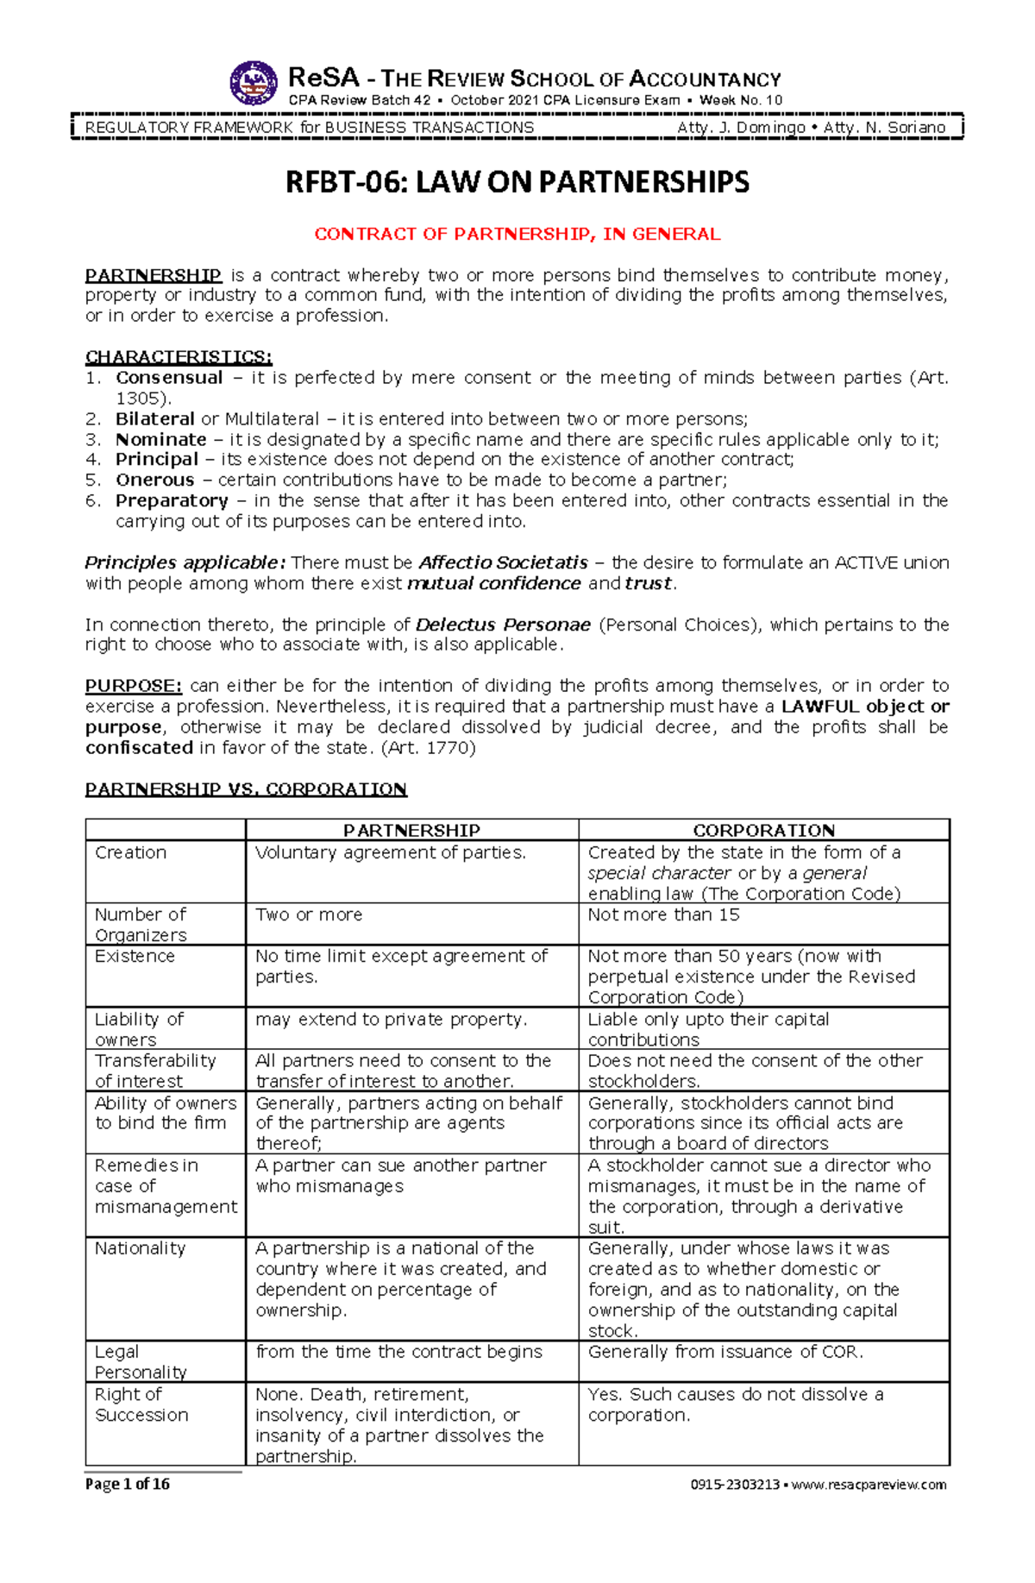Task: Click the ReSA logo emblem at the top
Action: tap(254, 84)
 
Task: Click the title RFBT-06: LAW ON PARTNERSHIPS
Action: tap(517, 182)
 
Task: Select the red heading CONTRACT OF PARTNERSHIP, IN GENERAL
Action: tap(517, 234)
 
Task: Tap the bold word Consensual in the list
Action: tap(169, 378)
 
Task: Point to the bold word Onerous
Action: tap(155, 481)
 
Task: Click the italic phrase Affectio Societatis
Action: tap(503, 563)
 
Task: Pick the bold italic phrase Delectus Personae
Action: tap(503, 625)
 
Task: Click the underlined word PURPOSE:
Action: tap(134, 686)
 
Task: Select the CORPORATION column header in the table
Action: tap(763, 830)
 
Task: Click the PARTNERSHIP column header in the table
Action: tap(411, 830)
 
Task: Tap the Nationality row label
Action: tap(140, 1248)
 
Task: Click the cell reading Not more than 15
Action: tap(663, 914)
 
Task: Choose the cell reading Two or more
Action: tap(309, 914)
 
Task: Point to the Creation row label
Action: tap(130, 852)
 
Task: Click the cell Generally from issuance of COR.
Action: tap(725, 1352)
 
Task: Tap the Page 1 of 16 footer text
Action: tap(127, 1485)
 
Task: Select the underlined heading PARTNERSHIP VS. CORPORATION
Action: tap(246, 789)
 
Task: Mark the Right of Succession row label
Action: tap(141, 1404)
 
